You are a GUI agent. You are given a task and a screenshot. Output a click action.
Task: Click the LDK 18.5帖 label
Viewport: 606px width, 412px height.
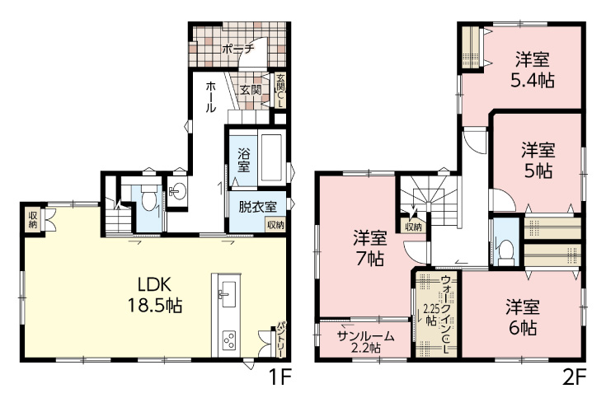click(155, 295)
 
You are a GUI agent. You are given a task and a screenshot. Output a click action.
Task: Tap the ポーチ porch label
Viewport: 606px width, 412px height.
click(238, 49)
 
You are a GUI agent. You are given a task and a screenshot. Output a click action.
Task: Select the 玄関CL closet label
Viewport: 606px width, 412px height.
click(280, 91)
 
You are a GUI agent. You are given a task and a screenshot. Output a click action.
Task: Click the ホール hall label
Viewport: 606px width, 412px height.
click(210, 96)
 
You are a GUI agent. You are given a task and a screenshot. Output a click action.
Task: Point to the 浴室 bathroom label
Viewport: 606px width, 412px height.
click(243, 160)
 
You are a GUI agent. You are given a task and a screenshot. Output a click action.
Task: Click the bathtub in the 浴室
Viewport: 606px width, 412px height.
click(271, 157)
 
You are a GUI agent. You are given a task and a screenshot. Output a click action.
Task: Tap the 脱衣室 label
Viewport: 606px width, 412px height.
click(257, 207)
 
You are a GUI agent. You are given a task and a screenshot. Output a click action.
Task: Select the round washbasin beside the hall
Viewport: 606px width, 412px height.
click(177, 191)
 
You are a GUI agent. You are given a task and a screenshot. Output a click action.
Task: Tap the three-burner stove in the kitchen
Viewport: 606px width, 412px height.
click(228, 339)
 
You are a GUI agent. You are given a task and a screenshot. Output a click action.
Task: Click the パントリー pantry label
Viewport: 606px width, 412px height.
click(281, 339)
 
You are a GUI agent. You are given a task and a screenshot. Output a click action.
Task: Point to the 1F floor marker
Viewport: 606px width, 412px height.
click(280, 377)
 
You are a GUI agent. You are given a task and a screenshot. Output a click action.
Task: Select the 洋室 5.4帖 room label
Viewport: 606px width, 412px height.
click(533, 70)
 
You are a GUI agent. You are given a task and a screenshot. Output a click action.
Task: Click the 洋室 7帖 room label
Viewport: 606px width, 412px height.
click(369, 248)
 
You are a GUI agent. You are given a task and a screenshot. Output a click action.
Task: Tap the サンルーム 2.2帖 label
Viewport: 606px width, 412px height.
click(365, 342)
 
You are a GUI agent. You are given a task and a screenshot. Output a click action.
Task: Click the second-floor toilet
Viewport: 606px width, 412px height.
click(505, 252)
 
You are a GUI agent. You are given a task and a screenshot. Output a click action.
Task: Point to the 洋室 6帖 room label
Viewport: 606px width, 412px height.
click(523, 316)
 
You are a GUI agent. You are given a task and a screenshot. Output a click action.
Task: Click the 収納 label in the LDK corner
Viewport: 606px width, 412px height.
click(33, 220)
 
